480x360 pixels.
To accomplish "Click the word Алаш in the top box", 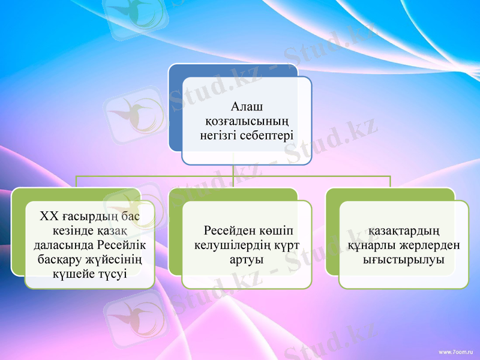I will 247,107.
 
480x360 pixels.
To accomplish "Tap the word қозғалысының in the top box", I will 247,121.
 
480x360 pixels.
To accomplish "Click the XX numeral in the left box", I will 49,215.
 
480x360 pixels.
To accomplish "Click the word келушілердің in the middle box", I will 230,245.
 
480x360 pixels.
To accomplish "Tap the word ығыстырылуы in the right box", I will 403,260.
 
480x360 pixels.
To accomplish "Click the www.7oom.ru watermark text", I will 456,349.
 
